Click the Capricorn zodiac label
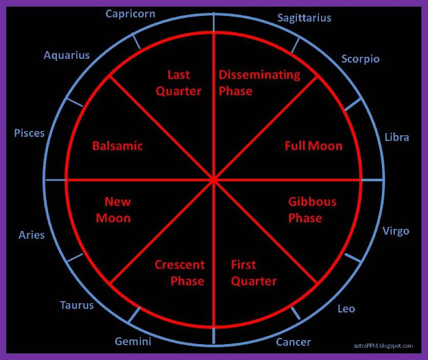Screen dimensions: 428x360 (131, 14)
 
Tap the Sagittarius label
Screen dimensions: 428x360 (304, 18)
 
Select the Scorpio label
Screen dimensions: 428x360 (360, 59)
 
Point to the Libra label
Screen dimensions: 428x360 (397, 138)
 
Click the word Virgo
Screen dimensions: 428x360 (395, 232)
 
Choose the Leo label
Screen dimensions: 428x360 (346, 308)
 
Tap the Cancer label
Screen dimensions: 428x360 (293, 342)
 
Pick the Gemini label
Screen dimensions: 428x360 (132, 342)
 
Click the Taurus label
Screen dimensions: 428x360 (77, 305)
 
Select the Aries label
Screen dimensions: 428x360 (31, 235)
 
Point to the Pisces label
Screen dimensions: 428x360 (29, 133)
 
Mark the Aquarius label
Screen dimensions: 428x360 (66, 56)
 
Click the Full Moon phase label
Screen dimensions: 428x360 (313, 146)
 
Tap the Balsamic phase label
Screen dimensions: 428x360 (118, 146)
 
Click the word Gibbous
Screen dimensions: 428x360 (312, 201)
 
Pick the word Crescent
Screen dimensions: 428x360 (179, 265)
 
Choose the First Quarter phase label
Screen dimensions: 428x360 (253, 273)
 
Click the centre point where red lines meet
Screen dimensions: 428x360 (213, 180)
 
